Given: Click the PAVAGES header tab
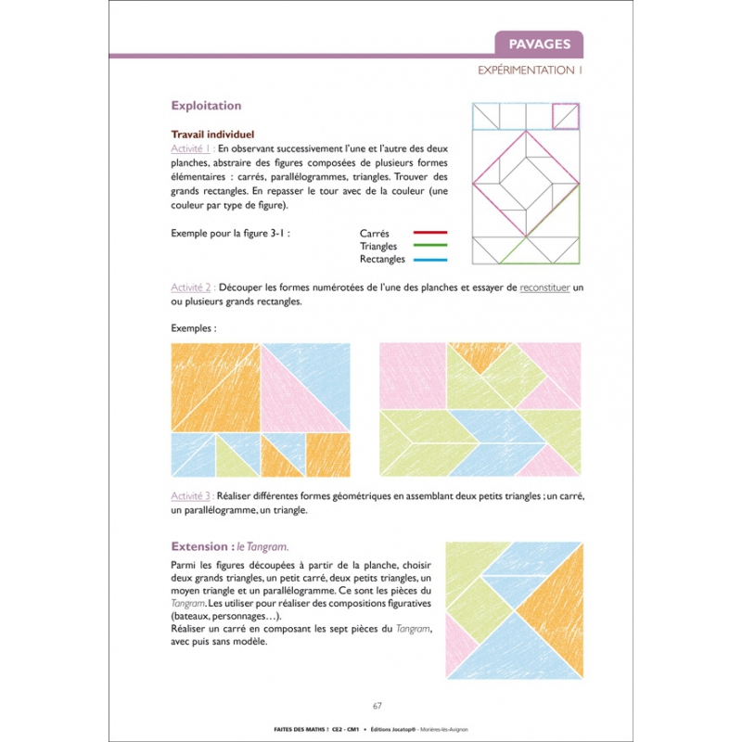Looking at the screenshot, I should [x=539, y=44].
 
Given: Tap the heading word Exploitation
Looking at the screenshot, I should [x=206, y=106].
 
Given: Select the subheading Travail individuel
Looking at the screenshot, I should [x=212, y=134].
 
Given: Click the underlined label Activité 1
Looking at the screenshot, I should [x=193, y=148].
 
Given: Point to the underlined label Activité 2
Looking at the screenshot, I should [x=193, y=288].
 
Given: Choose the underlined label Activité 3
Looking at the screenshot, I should [x=193, y=496].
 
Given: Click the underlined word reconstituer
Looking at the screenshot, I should [x=544, y=288].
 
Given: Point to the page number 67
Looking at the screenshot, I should [x=377, y=706].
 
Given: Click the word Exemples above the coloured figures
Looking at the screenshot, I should [x=193, y=328].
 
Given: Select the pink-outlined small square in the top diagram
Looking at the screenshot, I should [x=566, y=116].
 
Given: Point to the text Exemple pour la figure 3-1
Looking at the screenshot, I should [x=231, y=233].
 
